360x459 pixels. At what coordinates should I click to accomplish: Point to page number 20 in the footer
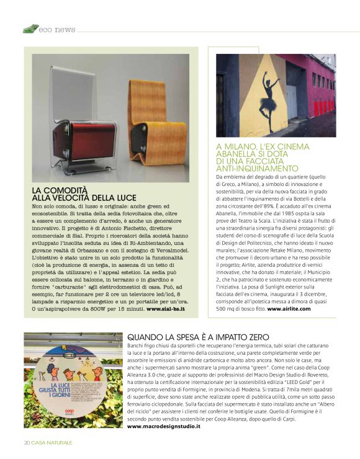coord(27,442)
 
